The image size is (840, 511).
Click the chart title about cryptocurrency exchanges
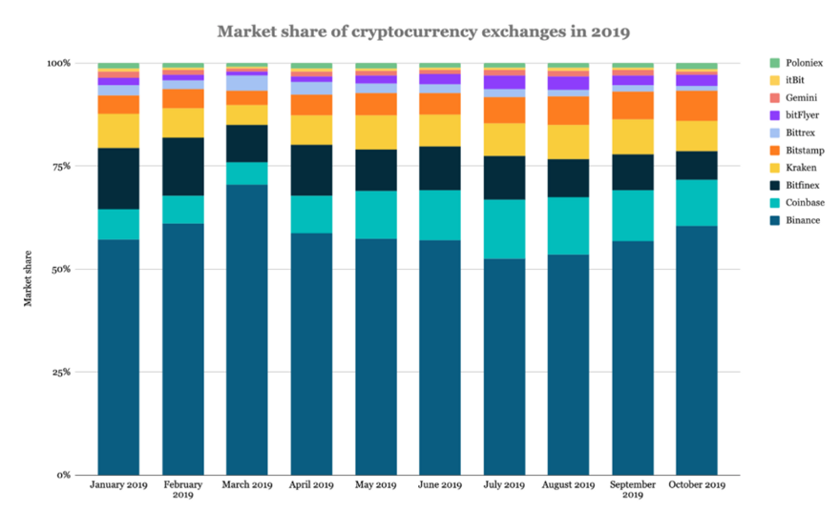424,31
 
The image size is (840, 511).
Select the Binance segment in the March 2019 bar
247,329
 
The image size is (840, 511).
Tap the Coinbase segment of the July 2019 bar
504,229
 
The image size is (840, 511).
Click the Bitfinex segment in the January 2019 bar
118,178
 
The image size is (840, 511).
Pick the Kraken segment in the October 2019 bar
697,135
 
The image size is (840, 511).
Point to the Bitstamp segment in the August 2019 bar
569,111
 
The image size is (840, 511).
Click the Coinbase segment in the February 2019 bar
183,209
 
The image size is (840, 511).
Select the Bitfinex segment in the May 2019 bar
376,170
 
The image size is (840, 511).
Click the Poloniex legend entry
800,63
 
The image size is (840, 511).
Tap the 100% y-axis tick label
59,63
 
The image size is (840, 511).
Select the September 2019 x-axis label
633,490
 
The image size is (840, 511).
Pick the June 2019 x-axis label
440,485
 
